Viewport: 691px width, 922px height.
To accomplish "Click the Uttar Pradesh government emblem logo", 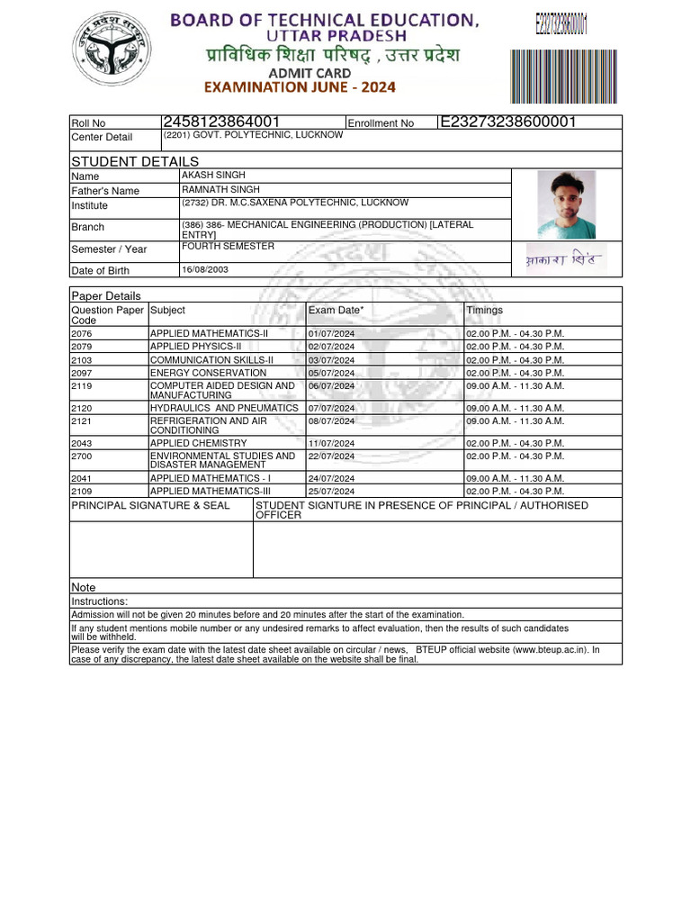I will click(x=112, y=57).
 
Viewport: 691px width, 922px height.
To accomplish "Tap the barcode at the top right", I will click(x=552, y=76).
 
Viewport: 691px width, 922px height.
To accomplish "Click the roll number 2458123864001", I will click(x=221, y=122).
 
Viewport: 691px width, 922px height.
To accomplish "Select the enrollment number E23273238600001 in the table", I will click(x=507, y=122).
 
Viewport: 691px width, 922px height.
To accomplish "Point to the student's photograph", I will click(x=566, y=204).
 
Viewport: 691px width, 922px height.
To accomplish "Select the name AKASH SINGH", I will click(x=213, y=176).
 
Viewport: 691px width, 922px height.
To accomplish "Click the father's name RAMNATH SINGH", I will click(x=220, y=190).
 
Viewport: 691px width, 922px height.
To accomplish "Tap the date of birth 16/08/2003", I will click(x=206, y=269).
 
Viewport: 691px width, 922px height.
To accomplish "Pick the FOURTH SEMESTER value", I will click(x=228, y=247).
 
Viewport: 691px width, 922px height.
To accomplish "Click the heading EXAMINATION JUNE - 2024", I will click(x=300, y=87).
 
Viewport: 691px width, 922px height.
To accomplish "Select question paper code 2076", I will click(x=82, y=333).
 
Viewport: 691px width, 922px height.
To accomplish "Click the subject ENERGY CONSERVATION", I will click(x=208, y=373).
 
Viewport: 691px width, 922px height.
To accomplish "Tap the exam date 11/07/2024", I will click(x=331, y=444).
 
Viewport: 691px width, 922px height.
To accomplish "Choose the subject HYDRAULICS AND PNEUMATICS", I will click(x=224, y=408).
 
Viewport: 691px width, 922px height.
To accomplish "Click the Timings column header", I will click(x=484, y=311).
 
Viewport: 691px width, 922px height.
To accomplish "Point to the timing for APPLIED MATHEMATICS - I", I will click(x=515, y=479).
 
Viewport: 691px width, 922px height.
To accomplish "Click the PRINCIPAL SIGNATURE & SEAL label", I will click(x=150, y=506).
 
